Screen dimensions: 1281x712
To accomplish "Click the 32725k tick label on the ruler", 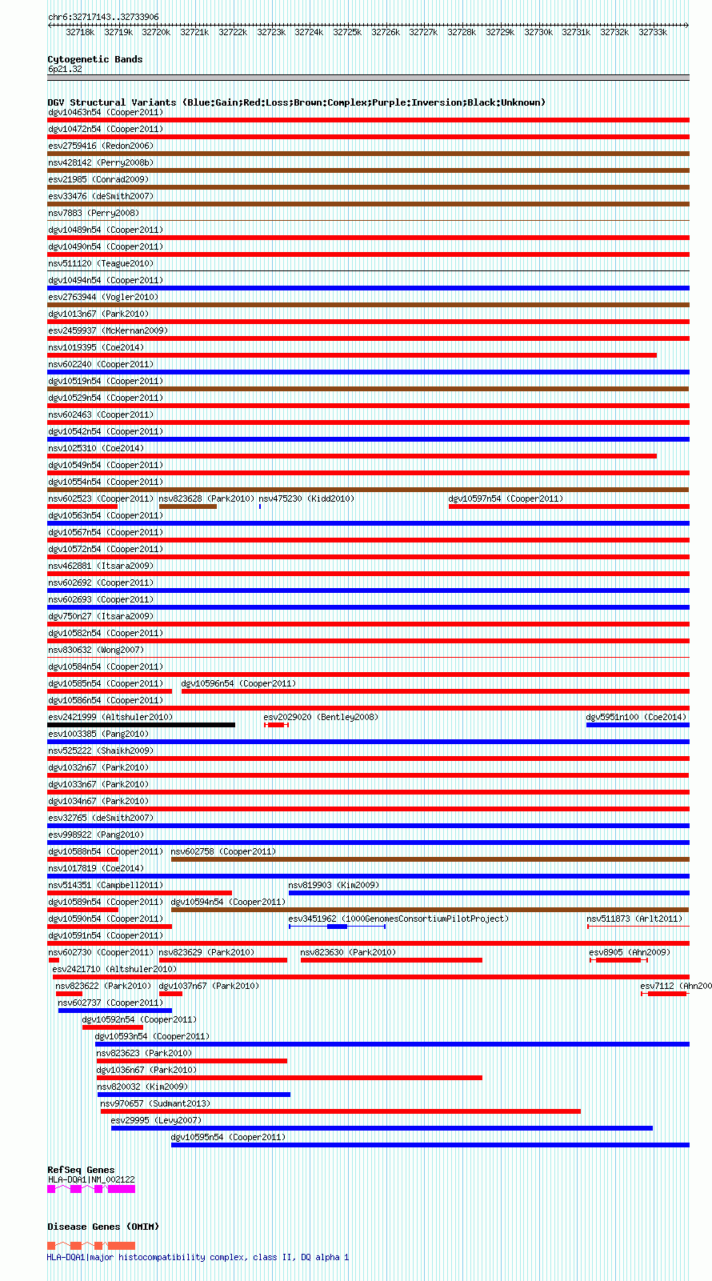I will [347, 33].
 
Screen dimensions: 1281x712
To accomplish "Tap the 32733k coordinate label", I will [653, 33].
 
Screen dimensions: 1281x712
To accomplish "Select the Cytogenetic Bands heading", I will [94, 59].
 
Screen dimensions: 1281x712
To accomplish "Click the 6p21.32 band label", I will [65, 70].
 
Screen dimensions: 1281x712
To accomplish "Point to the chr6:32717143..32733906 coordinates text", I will [103, 17].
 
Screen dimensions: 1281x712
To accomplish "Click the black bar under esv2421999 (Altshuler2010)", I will [141, 725].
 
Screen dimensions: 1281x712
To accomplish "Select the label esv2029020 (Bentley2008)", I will [321, 717].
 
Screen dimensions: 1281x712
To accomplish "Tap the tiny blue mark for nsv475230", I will [260, 506].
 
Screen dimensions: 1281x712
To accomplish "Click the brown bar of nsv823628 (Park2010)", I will [188, 506].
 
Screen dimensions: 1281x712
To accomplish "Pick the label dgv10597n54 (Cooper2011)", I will [506, 498].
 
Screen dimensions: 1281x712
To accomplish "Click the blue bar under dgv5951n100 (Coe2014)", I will [638, 725].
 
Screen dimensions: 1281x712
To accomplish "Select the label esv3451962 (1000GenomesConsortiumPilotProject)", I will [398, 919].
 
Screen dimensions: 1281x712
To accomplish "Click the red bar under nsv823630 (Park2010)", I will [391, 960].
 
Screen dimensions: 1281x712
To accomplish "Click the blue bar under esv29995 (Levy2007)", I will [382, 1128].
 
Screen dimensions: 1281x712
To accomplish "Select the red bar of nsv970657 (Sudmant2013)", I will [340, 1111].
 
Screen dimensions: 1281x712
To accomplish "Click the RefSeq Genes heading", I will [81, 1170].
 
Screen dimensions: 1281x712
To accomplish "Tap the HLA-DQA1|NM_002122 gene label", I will [91, 1179].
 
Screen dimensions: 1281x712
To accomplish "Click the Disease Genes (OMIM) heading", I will [103, 1227].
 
